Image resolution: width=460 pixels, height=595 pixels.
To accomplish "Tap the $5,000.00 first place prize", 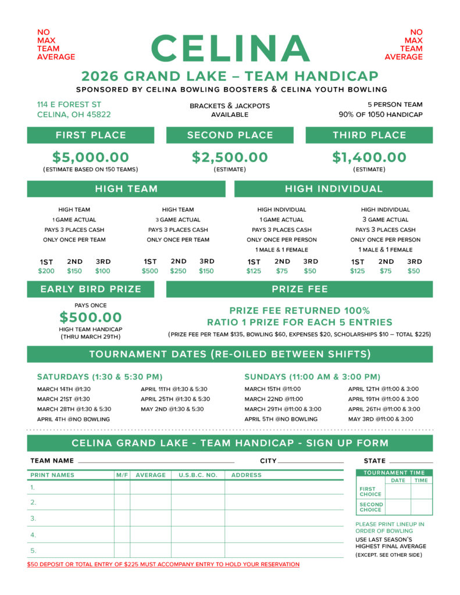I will point(91,157).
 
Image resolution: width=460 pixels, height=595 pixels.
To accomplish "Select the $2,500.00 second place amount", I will point(230,157).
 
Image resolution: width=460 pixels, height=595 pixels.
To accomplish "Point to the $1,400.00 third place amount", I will point(369,157).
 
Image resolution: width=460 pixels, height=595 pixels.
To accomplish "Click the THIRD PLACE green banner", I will point(369,135).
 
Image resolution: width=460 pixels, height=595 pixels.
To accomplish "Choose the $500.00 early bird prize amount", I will point(91,317).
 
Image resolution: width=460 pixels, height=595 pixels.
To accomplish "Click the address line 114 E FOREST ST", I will point(69,105).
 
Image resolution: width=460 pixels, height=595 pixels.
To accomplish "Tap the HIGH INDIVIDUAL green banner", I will point(333,189).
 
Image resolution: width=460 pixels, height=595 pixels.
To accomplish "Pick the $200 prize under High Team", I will point(47,271).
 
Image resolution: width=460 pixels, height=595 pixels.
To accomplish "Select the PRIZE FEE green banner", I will point(299,289).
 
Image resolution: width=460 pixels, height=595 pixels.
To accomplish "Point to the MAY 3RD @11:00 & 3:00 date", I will point(380,419).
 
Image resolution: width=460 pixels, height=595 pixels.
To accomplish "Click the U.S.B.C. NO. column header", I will point(198,475).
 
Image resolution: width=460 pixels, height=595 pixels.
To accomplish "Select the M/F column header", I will point(122,475).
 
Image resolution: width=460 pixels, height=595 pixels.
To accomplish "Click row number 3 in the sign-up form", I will point(33,518).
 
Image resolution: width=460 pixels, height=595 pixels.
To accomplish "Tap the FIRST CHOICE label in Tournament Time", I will point(370,491).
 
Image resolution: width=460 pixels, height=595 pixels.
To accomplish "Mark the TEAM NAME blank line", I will point(156,461).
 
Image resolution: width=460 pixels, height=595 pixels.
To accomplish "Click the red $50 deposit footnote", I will point(163,565).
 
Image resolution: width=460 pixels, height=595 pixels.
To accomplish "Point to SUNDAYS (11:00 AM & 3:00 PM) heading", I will point(312,377).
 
